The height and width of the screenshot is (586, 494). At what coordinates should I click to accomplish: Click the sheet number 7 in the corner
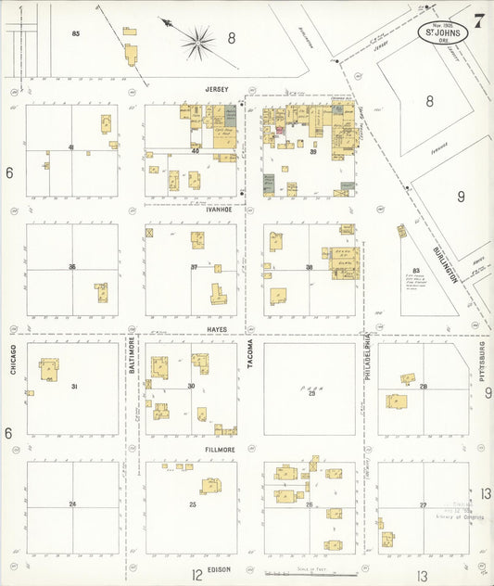point(478,21)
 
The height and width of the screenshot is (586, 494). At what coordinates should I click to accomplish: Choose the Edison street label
point(220,569)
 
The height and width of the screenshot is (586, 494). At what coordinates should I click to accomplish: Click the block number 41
point(70,147)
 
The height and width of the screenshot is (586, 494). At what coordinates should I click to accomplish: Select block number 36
point(71,267)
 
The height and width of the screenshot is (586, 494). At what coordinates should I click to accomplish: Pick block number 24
point(71,503)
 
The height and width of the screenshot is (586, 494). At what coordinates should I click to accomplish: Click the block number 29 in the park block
point(312,393)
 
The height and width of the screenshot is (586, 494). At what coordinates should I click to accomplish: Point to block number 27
point(423,505)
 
